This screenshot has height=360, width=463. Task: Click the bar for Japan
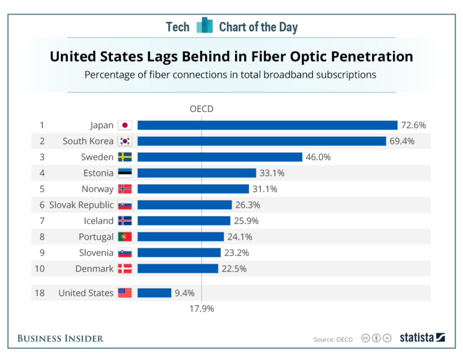268,125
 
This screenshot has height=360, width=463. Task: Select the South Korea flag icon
125,141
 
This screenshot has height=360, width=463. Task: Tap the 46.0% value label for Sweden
318,157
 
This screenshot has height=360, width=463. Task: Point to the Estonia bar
197,173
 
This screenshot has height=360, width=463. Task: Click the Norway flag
125,189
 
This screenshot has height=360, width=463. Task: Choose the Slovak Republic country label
81,205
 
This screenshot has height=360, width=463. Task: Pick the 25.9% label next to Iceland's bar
246,221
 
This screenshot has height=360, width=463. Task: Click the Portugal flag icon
125,237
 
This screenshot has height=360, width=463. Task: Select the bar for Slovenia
179,253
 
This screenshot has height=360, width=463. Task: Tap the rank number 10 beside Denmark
40,269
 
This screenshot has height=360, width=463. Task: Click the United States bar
155,293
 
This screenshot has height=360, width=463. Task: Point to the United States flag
125,293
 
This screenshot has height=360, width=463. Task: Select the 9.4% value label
184,293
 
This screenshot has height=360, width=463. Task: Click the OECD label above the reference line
202,109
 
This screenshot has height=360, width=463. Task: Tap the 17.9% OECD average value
202,308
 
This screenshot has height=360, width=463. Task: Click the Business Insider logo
61,338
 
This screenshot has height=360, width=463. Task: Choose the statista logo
422,337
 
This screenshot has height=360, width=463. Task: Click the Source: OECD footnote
333,340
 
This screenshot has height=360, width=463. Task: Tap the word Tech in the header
177,27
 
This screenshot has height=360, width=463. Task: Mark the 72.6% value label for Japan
413,125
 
